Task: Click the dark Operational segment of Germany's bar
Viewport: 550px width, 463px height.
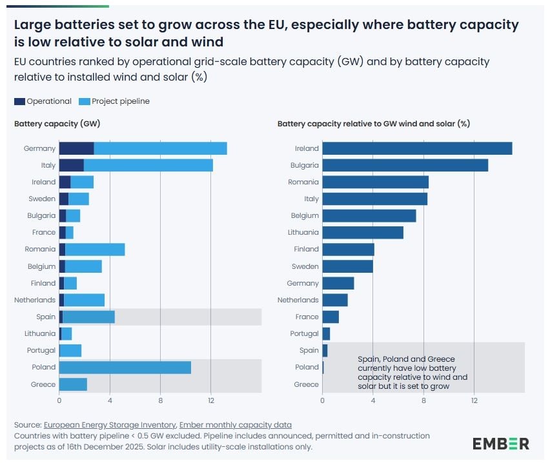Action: (x=76, y=148)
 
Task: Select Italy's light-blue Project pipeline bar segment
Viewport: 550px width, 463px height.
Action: (x=148, y=165)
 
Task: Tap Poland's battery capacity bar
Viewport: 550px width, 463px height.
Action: (x=125, y=367)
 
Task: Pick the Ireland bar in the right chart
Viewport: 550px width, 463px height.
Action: (x=417, y=148)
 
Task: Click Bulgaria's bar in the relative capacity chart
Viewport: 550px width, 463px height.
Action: (x=405, y=165)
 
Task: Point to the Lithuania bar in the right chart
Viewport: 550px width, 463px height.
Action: (x=363, y=232)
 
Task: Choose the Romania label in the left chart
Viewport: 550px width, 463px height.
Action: (x=40, y=249)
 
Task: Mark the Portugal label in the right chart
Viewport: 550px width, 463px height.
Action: (x=305, y=333)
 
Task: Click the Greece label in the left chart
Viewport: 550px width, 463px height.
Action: (x=44, y=384)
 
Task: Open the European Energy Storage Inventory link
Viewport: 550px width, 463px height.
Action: (x=109, y=425)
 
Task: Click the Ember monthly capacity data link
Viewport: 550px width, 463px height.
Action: (x=235, y=425)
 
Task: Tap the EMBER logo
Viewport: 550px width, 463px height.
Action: (x=500, y=444)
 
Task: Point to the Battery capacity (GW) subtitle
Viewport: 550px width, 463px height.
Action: (x=57, y=123)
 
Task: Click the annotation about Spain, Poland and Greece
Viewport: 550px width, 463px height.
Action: (x=412, y=372)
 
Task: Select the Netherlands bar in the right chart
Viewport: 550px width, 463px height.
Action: (x=335, y=300)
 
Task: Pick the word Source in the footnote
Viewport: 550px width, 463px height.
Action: (x=27, y=425)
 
